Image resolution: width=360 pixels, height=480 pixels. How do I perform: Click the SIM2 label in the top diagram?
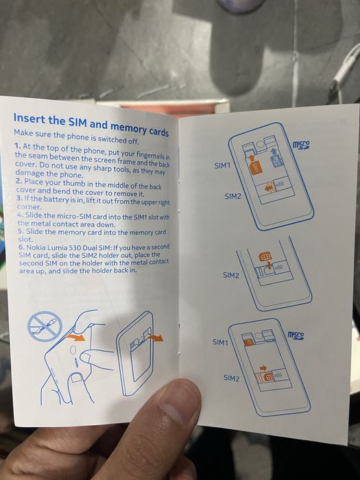tap(233, 196)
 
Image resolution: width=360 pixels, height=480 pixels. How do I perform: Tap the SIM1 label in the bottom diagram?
tap(220, 341)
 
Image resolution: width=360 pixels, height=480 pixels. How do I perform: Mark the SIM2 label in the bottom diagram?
tap(231, 378)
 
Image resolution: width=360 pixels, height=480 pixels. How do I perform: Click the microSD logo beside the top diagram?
tap(301, 145)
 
